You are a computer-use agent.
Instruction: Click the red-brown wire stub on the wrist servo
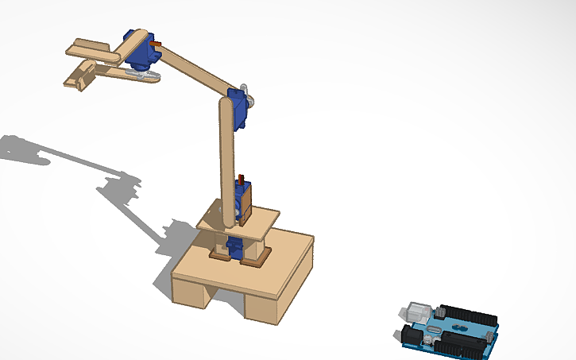point(157,44)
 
